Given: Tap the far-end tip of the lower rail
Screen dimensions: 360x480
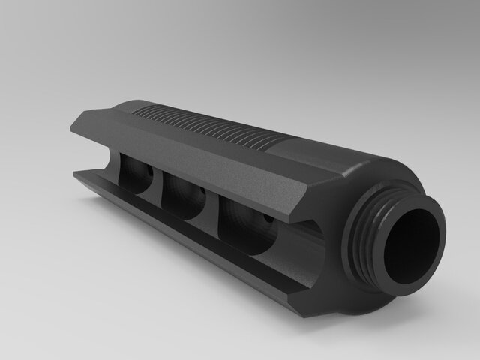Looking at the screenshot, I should click(x=79, y=175).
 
